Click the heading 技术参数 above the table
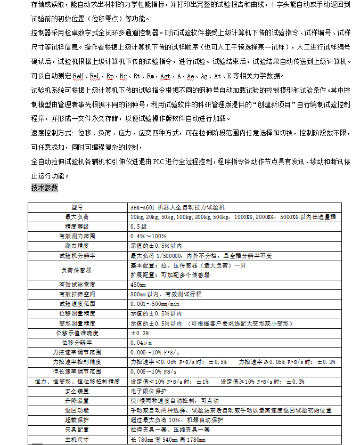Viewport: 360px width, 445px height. click(45, 188)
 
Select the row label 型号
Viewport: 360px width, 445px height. click(78, 207)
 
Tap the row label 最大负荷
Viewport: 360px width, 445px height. click(78, 217)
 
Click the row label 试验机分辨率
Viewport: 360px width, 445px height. click(78, 256)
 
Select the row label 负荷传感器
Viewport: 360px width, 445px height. click(78, 270)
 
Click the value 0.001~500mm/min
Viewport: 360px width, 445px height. click(154, 304)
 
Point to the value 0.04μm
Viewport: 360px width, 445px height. click(141, 342)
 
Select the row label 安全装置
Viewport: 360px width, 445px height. click(78, 391)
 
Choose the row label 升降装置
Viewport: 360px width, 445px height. click(78, 400)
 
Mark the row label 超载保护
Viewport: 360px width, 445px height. click(78, 420)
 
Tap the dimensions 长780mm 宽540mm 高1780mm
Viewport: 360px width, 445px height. click(167, 440)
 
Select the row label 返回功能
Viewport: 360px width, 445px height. click(78, 410)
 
